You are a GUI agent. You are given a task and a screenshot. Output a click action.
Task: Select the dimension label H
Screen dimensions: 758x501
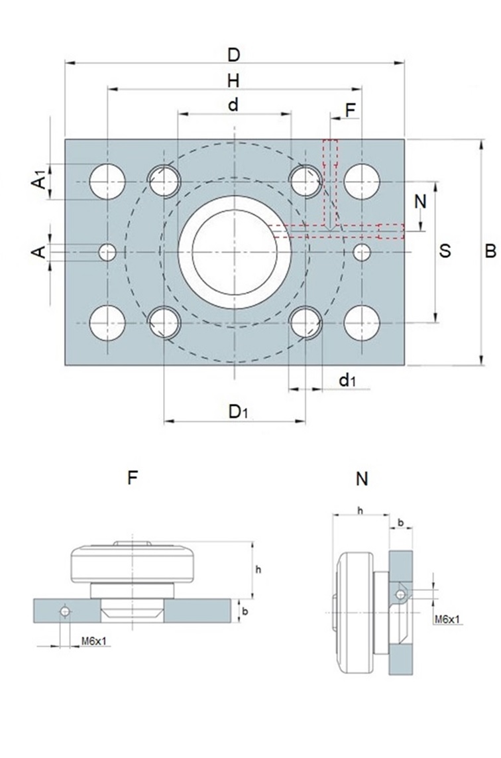pyautogui.click(x=233, y=80)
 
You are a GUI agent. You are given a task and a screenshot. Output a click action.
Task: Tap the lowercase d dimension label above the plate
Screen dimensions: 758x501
pyautogui.click(x=233, y=105)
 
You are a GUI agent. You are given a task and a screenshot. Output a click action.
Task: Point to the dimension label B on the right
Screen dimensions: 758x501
pyautogui.click(x=490, y=251)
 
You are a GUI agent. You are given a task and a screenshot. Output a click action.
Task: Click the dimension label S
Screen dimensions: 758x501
pyautogui.click(x=446, y=251)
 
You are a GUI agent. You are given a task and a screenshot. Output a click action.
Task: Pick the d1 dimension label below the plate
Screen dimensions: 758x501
pyautogui.click(x=347, y=380)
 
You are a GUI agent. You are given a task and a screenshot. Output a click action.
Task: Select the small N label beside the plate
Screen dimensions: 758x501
pyautogui.click(x=420, y=201)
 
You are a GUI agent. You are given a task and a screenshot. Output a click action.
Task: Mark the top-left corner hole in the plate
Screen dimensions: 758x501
pyautogui.click(x=108, y=181)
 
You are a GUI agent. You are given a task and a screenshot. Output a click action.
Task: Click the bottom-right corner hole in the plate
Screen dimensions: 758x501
pyautogui.click(x=362, y=323)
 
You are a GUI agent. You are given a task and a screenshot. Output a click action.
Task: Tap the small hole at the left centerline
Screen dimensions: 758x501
pyautogui.click(x=107, y=252)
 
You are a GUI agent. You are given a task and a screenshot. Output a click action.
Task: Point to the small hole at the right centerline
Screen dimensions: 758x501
pyautogui.click(x=362, y=252)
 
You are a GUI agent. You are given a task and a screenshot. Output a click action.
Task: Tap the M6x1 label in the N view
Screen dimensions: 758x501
pyautogui.click(x=448, y=619)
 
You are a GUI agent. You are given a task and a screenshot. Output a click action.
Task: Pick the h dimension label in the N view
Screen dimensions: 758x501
pyautogui.click(x=360, y=510)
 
